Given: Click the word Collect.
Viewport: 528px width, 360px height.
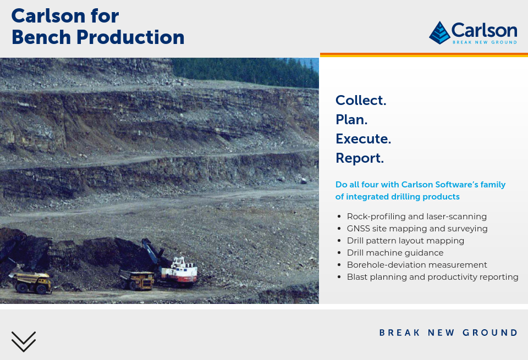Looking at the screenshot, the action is [x=361, y=100].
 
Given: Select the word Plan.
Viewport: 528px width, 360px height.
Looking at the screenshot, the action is [x=351, y=119].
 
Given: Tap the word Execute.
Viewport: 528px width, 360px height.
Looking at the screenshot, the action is [x=363, y=139].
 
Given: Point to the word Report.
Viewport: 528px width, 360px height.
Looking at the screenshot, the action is [x=360, y=158].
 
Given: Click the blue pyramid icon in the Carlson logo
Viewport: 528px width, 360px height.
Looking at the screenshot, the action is [x=439, y=33].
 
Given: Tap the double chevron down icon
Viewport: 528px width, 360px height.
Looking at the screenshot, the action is [x=24, y=341].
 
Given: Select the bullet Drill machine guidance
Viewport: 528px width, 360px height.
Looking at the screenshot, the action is [x=395, y=253].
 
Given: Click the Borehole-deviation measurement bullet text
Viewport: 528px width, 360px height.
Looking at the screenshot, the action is [x=417, y=265].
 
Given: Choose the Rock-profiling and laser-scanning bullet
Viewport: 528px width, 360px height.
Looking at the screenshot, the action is [x=417, y=217].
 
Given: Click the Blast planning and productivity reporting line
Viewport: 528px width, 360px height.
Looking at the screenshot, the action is [x=433, y=277].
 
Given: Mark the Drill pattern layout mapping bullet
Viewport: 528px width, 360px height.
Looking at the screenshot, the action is [x=405, y=241].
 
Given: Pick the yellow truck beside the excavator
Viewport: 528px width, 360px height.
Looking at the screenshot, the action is [x=137, y=279].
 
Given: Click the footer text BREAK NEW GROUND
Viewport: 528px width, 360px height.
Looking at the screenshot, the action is [x=448, y=333].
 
